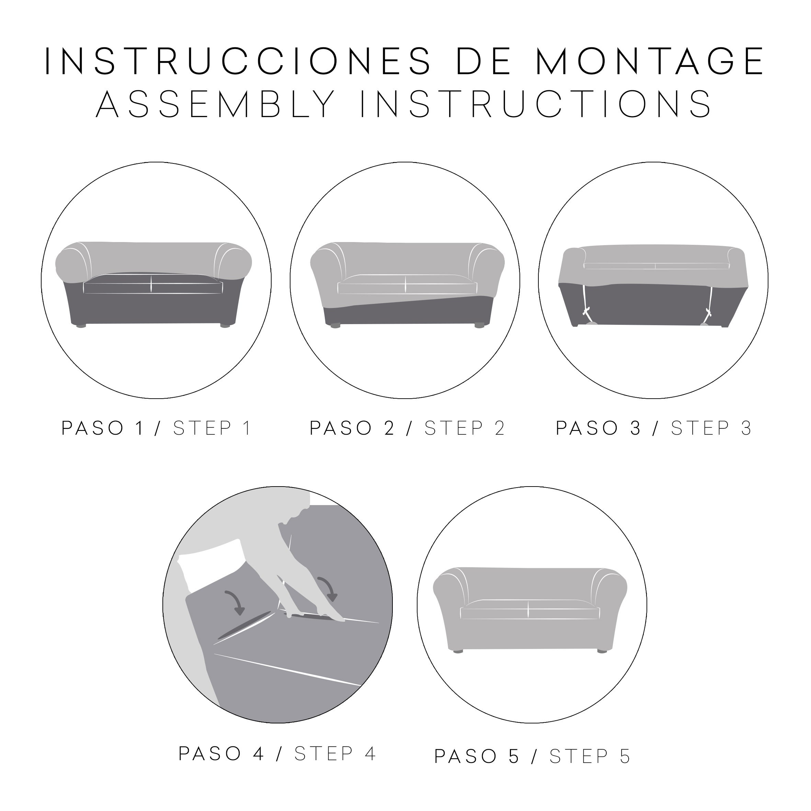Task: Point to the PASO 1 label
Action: point(103,428)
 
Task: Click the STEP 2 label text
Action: point(464,428)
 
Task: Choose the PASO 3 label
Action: point(598,428)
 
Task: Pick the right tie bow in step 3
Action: point(709,312)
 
